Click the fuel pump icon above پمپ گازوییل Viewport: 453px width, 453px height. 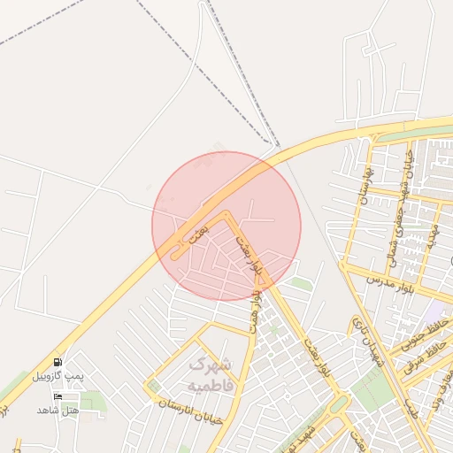click(x=58, y=362)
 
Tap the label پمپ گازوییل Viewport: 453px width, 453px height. click(x=58, y=376)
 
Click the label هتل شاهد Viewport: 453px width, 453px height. click(x=58, y=411)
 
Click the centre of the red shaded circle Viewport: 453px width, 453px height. click(x=226, y=226)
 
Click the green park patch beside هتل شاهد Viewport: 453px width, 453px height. click(x=93, y=403)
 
